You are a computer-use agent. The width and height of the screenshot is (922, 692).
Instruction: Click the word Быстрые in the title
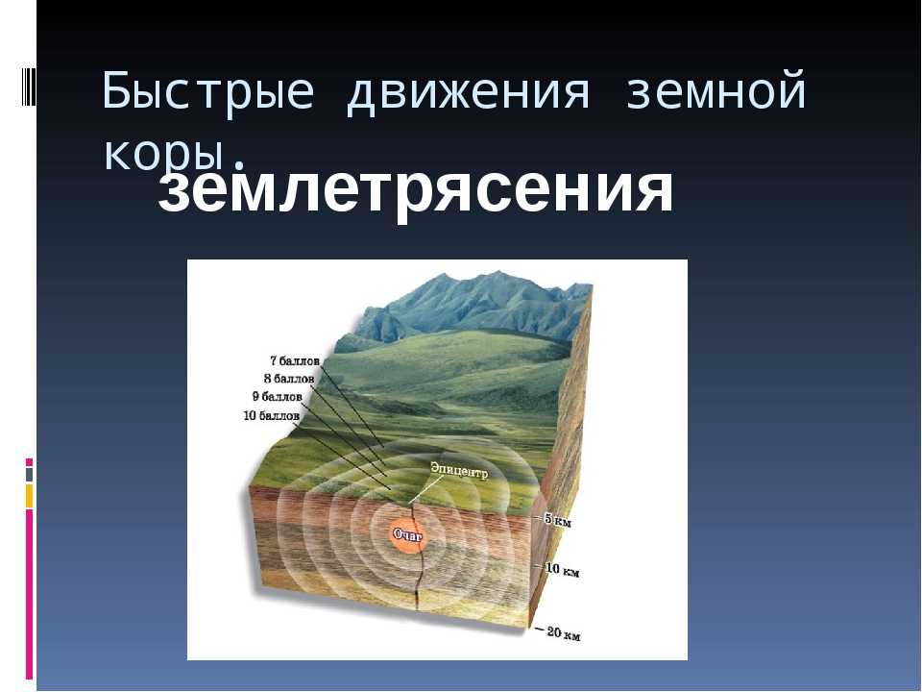pyautogui.click(x=208, y=92)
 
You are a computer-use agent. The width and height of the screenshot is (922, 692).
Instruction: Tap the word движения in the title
pyautogui.click(x=468, y=92)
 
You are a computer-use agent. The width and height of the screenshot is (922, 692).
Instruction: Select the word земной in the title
pyautogui.click(x=716, y=90)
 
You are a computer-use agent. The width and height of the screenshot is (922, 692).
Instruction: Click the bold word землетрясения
pyautogui.click(x=415, y=189)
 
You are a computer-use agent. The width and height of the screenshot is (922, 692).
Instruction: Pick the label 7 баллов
pyautogui.click(x=295, y=360)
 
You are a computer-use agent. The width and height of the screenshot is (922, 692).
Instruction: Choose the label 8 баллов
pyautogui.click(x=289, y=379)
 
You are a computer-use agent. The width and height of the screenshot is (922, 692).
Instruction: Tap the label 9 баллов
pyautogui.click(x=277, y=397)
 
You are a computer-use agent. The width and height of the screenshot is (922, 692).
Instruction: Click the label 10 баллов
pyautogui.click(x=271, y=416)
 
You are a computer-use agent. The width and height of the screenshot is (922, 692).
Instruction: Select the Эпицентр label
pyautogui.click(x=459, y=471)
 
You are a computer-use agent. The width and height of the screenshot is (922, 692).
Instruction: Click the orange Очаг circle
pyautogui.click(x=408, y=534)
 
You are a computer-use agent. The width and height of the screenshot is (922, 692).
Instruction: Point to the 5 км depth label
pyautogui.click(x=557, y=520)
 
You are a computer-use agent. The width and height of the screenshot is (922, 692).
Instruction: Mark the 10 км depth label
pyautogui.click(x=562, y=569)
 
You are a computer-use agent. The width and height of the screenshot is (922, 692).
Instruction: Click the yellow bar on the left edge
pyautogui.click(x=29, y=496)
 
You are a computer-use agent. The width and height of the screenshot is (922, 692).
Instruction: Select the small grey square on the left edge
pyautogui.click(x=30, y=474)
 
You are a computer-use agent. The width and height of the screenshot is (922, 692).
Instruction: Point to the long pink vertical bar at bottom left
pyautogui.click(x=29, y=594)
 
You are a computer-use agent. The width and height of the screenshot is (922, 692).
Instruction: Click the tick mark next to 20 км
pyautogui.click(x=538, y=629)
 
